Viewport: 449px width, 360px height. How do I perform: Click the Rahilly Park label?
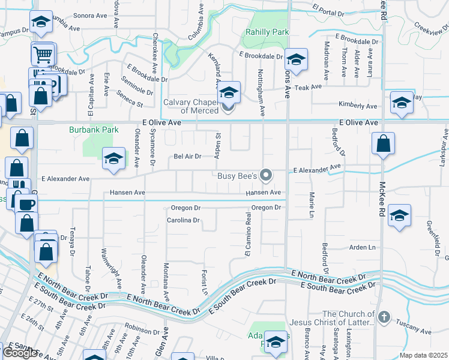coord(268,32)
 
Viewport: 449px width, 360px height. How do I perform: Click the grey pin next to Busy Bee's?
coord(267,175)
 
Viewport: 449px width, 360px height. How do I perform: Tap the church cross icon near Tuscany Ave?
coord(385,316)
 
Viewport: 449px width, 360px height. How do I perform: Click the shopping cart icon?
coord(43,54)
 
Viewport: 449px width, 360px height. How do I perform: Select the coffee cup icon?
coord(26,204)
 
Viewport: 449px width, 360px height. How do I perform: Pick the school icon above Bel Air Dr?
coord(113,158)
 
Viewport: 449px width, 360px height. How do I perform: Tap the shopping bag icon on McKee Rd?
coord(382,144)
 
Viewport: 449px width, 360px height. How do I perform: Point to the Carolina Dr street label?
coord(184,220)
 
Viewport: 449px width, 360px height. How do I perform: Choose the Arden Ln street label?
coord(362,247)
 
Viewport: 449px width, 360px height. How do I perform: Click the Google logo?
coord(20,353)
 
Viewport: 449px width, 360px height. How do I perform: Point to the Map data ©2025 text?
coord(424,355)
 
